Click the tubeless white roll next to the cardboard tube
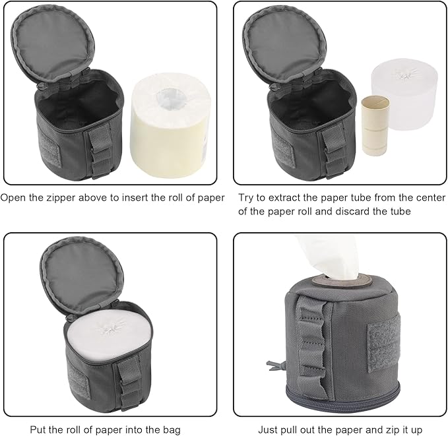(x=405, y=106)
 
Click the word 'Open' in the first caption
(x=14, y=197)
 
